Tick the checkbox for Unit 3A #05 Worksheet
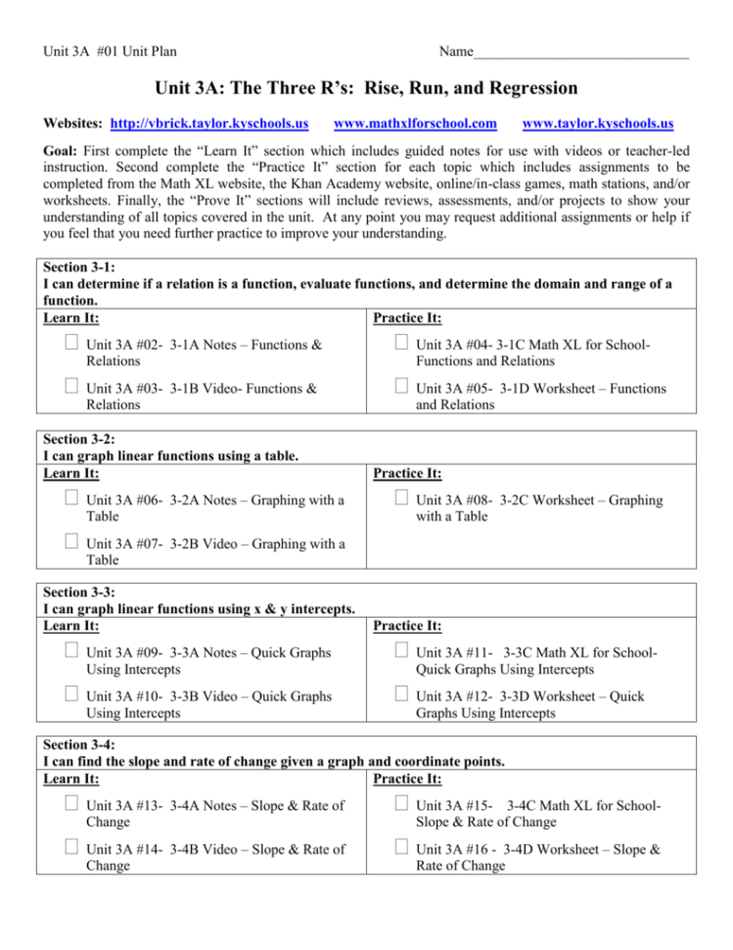click(x=401, y=388)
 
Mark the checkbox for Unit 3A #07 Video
click(x=69, y=544)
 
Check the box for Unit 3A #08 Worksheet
click(x=401, y=499)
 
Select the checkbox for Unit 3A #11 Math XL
click(x=401, y=652)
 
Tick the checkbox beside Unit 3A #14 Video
click(x=69, y=849)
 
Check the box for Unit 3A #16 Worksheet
click(x=401, y=849)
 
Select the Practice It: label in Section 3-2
click(x=407, y=474)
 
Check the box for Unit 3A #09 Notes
click(x=69, y=652)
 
